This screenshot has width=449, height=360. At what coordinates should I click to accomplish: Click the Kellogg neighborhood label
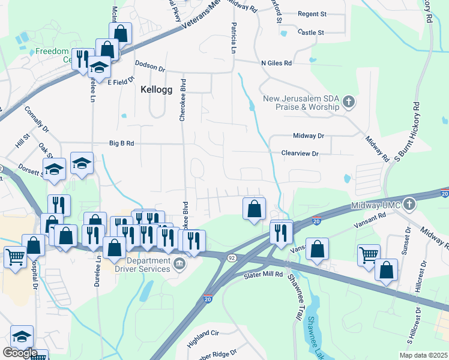pos(156,89)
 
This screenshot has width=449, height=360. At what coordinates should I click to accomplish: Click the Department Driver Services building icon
pos(179,264)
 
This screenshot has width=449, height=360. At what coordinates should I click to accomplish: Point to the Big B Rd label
pos(121,143)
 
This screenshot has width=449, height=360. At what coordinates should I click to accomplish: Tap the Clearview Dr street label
pos(300,154)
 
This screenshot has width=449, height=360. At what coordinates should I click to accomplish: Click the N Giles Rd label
pos(276,63)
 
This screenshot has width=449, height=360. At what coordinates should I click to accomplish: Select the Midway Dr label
pos(309,136)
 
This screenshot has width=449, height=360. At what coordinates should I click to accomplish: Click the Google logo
pos(20,353)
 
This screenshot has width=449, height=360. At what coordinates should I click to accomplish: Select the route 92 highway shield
pos(231,257)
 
